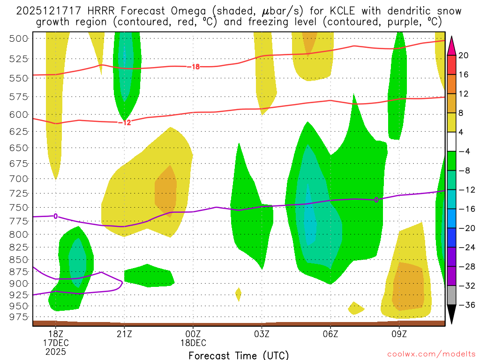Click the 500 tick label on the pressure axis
click(19, 38)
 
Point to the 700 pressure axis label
click(19, 179)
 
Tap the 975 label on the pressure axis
click(19, 317)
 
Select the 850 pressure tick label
click(19, 260)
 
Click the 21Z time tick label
click(124, 334)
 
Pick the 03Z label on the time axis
click(262, 334)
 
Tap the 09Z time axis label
click(399, 334)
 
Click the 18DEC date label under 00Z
click(193, 343)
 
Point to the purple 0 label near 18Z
click(56, 216)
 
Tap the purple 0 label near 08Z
click(376, 200)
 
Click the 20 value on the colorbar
click(463, 55)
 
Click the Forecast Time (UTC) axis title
click(239, 355)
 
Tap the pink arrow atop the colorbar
click(452, 45)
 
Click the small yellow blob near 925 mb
click(238, 294)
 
